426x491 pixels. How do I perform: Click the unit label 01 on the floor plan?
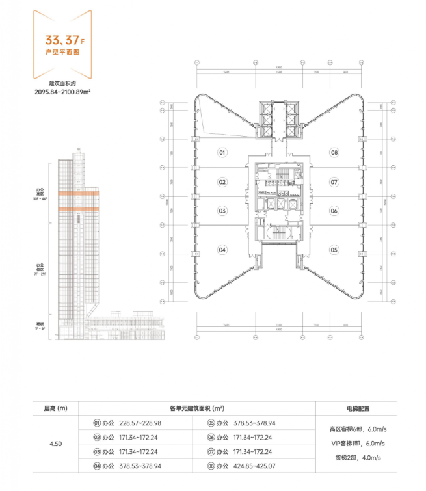[x=222, y=153]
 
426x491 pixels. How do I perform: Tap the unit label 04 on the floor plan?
[x=222, y=250]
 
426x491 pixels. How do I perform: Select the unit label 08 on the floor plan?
[x=334, y=153]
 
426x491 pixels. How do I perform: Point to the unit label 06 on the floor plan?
[x=334, y=211]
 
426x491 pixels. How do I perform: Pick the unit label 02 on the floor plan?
[x=222, y=182]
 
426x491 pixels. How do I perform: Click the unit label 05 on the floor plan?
[x=334, y=250]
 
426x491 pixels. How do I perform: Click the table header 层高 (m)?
[x=55, y=409]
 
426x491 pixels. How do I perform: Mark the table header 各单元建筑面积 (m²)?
[x=196, y=409]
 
